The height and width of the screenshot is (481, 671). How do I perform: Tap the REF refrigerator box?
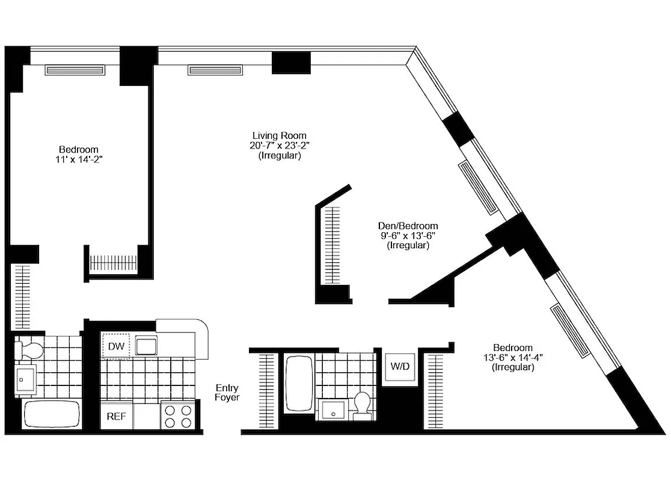[x=115, y=417]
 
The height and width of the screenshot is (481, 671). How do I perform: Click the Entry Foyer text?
[x=227, y=393]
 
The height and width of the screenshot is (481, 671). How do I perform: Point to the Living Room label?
[x=280, y=135]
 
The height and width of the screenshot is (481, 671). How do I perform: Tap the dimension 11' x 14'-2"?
[x=79, y=159]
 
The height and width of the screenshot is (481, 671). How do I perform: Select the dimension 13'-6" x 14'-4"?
[x=513, y=357]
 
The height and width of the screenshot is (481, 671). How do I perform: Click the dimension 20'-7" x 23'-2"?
[x=280, y=146]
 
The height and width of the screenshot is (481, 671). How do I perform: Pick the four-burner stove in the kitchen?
[x=179, y=416]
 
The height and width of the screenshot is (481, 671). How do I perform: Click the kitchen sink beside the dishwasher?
[x=146, y=346]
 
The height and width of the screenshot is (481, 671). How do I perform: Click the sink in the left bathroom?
[x=26, y=378]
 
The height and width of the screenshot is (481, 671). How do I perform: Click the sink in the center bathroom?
[x=333, y=410]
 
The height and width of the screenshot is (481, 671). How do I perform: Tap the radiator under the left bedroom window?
[x=76, y=70]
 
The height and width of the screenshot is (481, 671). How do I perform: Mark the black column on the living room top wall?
[x=290, y=63]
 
